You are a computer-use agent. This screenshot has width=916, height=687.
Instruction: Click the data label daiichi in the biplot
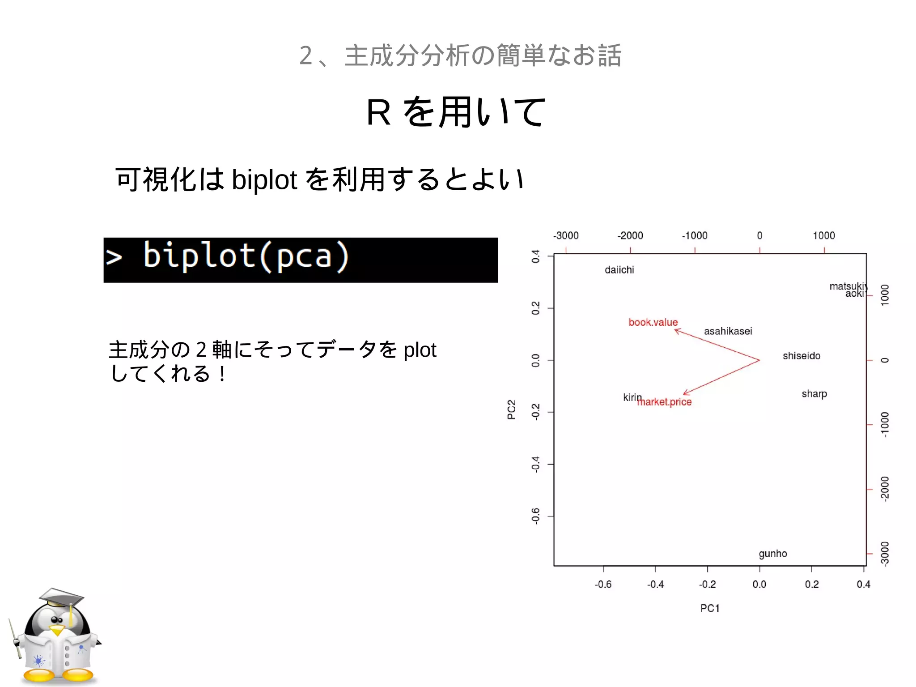[x=619, y=270]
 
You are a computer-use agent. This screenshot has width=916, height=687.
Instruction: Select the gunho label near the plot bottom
[x=772, y=554]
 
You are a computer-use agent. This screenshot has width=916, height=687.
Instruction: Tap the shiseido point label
[x=801, y=356]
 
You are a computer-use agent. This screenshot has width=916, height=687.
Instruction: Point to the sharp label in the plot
[x=814, y=394]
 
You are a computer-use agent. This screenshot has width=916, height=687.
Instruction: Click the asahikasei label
[x=728, y=331]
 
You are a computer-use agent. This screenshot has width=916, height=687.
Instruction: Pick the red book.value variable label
[x=653, y=322]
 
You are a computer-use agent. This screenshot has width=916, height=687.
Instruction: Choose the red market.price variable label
[x=666, y=402]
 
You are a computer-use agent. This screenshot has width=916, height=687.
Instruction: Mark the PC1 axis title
[x=709, y=608]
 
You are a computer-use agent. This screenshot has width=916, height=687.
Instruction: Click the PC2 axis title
[x=511, y=410]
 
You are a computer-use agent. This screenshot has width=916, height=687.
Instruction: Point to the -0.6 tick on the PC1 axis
[x=603, y=584]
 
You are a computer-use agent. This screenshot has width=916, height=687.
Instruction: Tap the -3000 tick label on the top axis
[x=566, y=235]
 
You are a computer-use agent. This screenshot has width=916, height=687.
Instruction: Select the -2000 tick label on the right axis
[x=884, y=489]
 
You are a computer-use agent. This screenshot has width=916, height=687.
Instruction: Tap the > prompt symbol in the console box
[x=114, y=258]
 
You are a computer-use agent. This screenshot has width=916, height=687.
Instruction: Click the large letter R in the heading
[x=378, y=112]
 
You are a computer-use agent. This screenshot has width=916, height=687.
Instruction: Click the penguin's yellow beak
[x=57, y=630]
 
